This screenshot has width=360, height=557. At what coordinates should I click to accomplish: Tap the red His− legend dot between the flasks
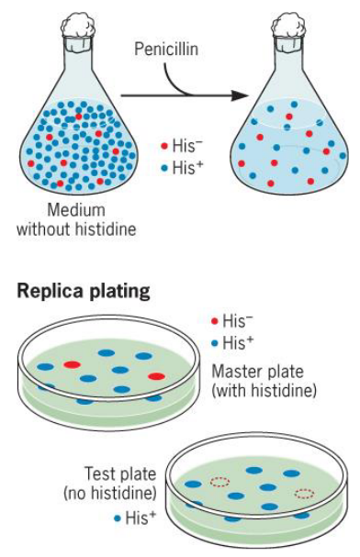(163, 147)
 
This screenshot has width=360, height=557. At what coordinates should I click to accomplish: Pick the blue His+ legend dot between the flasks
(163, 168)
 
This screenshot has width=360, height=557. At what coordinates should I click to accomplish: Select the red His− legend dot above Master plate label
(215, 321)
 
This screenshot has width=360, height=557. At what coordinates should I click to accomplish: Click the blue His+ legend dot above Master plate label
(215, 341)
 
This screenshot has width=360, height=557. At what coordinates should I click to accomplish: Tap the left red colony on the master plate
(73, 365)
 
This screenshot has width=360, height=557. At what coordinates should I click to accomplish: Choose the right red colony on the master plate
(156, 376)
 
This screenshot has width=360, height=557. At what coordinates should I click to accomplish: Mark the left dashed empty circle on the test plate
(219, 482)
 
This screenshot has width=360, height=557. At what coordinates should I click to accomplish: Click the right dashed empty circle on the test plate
(304, 493)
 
